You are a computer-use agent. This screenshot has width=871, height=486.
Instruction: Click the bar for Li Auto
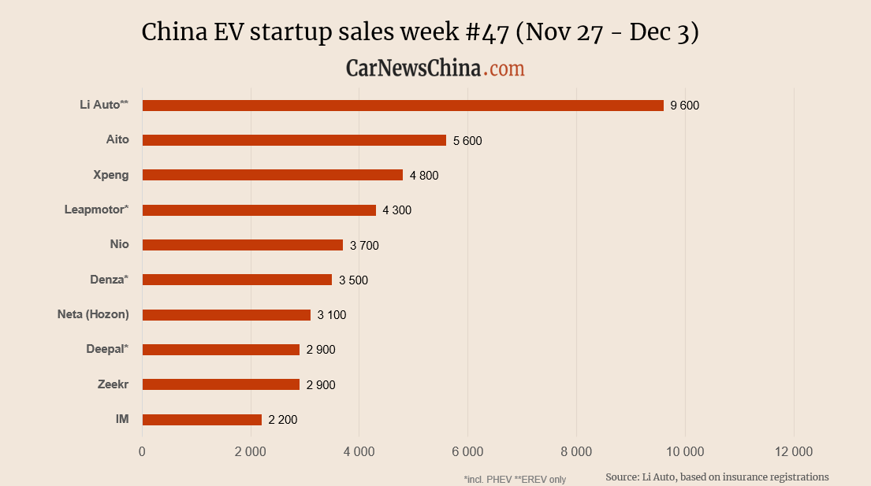coord(403,106)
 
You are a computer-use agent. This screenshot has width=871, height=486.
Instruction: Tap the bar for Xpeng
coord(273,175)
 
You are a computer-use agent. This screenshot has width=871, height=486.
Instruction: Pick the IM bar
coord(202,420)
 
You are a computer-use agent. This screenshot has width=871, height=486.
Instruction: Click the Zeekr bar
coord(221,384)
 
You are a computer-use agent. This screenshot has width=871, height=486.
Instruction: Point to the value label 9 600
coord(684,106)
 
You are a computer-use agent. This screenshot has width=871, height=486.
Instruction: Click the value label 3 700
coord(364,246)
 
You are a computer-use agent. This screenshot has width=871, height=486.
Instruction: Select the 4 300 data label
coord(396,210)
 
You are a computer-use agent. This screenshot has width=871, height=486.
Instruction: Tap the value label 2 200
coord(283,420)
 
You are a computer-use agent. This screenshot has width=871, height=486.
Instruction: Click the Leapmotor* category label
coord(96,210)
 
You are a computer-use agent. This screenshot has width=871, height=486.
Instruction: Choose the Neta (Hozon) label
coord(93,314)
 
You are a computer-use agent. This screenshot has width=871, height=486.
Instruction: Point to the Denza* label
coord(110,280)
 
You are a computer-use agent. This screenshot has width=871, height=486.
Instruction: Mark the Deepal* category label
coord(107,349)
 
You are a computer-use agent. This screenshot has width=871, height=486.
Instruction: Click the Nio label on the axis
coord(119,244)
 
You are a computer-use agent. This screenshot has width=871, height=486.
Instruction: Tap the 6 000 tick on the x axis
coord(467,451)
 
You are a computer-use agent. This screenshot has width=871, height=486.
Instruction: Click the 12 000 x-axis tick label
coord(793,451)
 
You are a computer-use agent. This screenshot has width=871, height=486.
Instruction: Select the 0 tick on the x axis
coord(142,451)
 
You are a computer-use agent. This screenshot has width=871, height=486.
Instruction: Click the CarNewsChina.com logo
coord(435,69)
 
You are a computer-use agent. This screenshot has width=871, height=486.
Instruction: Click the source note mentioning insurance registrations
coord(717,477)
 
